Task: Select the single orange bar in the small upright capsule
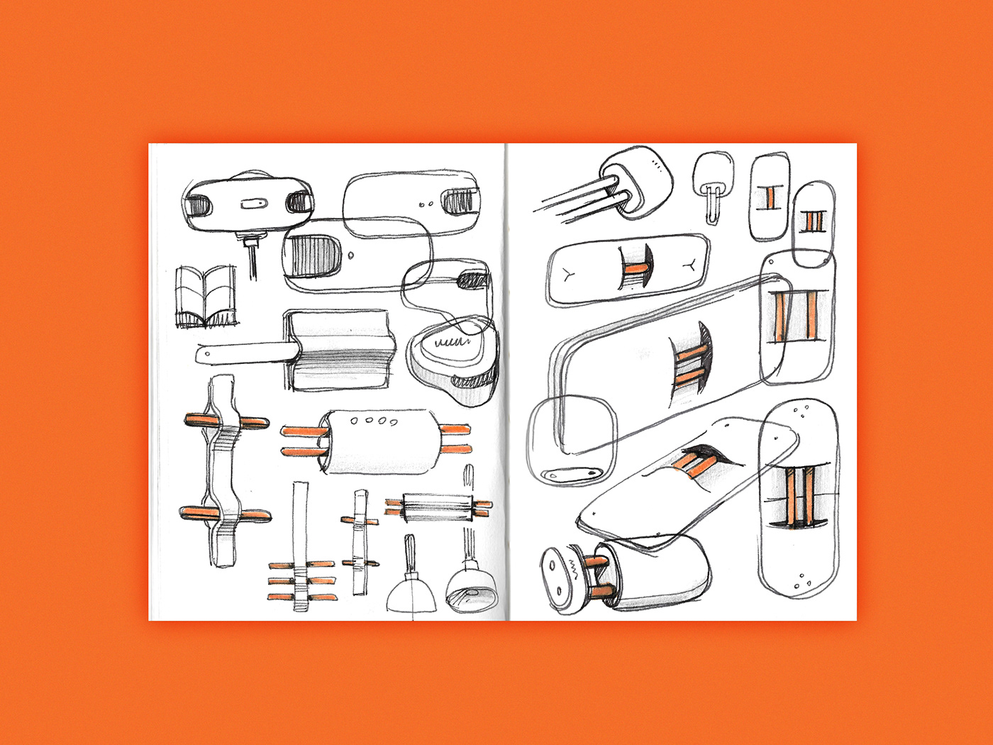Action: click(x=769, y=199)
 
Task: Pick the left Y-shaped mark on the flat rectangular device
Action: click(x=570, y=275)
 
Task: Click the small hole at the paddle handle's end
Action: click(x=206, y=353)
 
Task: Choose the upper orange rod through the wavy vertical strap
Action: click(x=226, y=422)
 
